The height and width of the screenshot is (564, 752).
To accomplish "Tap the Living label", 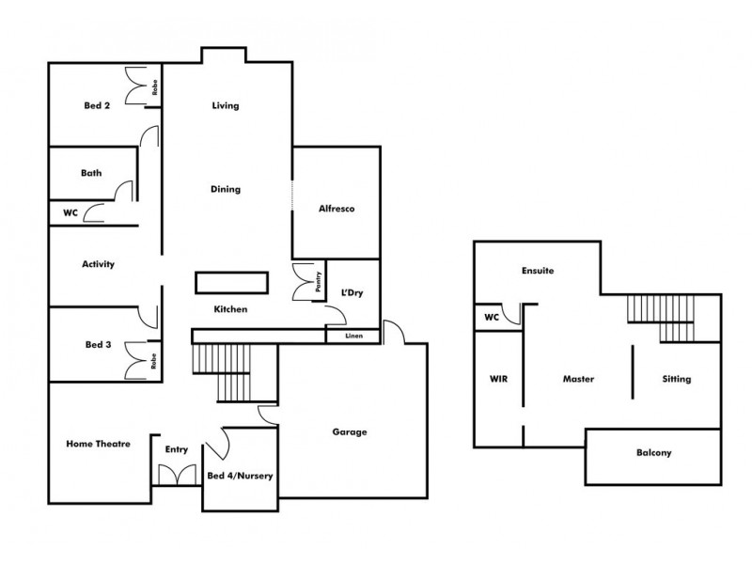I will [x=226, y=106].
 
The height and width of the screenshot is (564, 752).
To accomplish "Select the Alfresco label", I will [x=335, y=209].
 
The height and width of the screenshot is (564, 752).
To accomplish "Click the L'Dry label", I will [x=352, y=293].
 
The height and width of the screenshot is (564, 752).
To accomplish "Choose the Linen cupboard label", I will [x=353, y=336].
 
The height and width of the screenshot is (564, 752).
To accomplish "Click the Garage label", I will [x=349, y=432].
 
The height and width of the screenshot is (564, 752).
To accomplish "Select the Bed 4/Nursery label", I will [x=240, y=476].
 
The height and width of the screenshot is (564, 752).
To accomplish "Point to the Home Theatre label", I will [x=98, y=444].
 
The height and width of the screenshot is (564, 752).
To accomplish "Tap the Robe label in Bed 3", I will [x=151, y=359].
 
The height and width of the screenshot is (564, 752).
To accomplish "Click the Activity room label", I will [x=99, y=264].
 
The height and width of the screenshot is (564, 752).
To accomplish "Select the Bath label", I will [x=91, y=173].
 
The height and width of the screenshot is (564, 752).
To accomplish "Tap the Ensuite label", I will [x=537, y=271].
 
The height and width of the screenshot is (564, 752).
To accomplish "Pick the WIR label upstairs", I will [x=498, y=380].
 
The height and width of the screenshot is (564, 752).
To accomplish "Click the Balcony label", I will [x=653, y=453].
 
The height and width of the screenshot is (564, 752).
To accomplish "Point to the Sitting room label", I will [x=676, y=380].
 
